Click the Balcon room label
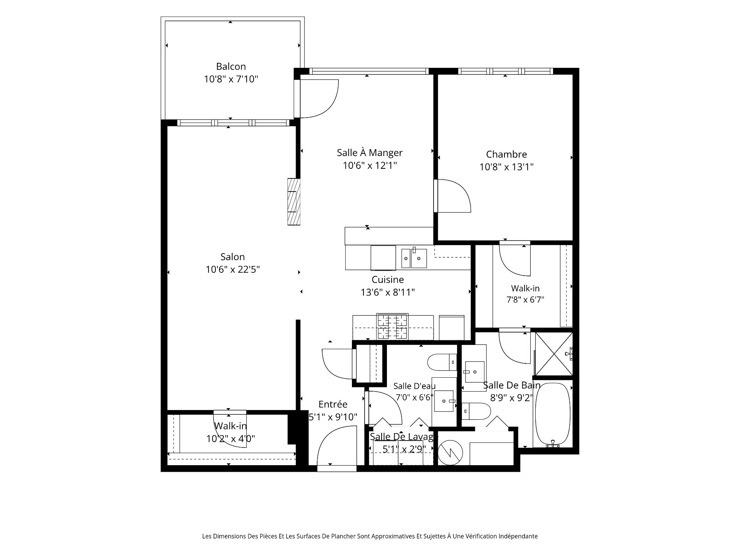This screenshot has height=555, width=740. pyautogui.click(x=231, y=66)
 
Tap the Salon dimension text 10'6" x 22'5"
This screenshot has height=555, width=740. pyautogui.click(x=233, y=269)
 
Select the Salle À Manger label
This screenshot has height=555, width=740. pyautogui.click(x=370, y=153)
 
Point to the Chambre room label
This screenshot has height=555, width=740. pyautogui.click(x=506, y=154)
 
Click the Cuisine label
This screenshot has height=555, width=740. pyautogui.click(x=388, y=279)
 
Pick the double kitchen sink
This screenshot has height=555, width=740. pyautogui.click(x=414, y=257)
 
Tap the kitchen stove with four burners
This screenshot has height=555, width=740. pyautogui.click(x=392, y=326)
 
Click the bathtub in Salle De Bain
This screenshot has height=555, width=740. pyautogui.click(x=553, y=415)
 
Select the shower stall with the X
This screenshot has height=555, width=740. pyautogui.click(x=553, y=353)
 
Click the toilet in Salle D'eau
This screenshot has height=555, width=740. pyautogui.click(x=442, y=362)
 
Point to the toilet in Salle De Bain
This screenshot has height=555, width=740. pyautogui.click(x=476, y=411)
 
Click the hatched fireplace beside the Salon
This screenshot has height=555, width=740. pyautogui.click(x=294, y=201)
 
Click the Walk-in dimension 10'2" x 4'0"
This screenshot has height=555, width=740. pyautogui.click(x=231, y=439)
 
